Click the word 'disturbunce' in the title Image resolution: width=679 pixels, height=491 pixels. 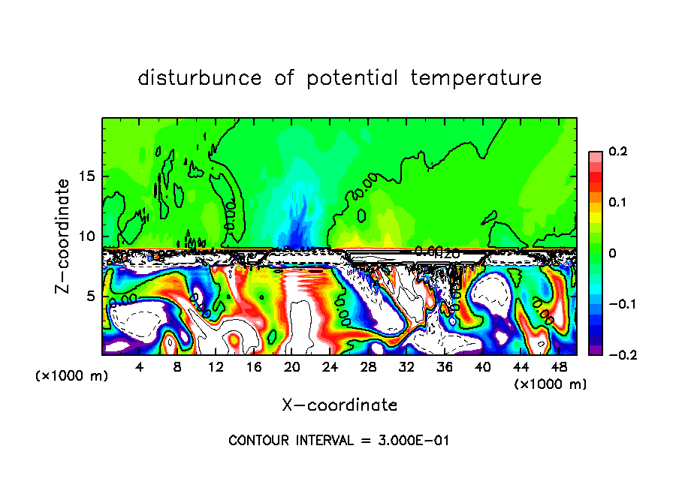pyautogui.click(x=200, y=78)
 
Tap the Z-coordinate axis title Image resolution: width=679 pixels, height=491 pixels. pyautogui.click(x=65, y=235)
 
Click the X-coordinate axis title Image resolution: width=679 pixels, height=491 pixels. pyautogui.click(x=339, y=405)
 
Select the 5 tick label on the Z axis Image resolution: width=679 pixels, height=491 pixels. pyautogui.click(x=92, y=296)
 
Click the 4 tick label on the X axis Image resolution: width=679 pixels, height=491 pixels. pyautogui.click(x=140, y=366)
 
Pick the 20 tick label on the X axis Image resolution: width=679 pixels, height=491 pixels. pyautogui.click(x=292, y=366)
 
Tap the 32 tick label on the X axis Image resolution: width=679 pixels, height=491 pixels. pyautogui.click(x=406, y=366)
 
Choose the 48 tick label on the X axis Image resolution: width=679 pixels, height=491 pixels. pyautogui.click(x=558, y=366)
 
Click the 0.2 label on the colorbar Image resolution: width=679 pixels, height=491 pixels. pyautogui.click(x=617, y=152)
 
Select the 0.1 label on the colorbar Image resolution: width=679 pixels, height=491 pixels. pyautogui.click(x=617, y=202)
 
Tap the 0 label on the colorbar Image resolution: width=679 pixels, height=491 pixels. pyautogui.click(x=612, y=253)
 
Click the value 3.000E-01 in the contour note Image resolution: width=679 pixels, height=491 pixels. pyautogui.click(x=413, y=441)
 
